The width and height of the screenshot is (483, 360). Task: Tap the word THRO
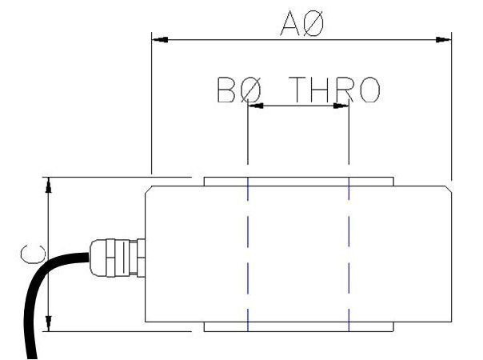(334, 90)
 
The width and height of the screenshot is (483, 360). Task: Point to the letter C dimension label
(31, 254)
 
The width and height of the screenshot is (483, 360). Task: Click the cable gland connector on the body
(117, 256)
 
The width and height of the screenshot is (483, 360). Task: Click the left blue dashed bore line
(249, 256)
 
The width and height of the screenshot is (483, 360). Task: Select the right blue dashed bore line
(349, 256)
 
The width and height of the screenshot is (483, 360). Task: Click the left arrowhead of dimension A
(158, 38)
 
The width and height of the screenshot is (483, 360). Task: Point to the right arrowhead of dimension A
(445, 38)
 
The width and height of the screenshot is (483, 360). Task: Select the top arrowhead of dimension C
(50, 183)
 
